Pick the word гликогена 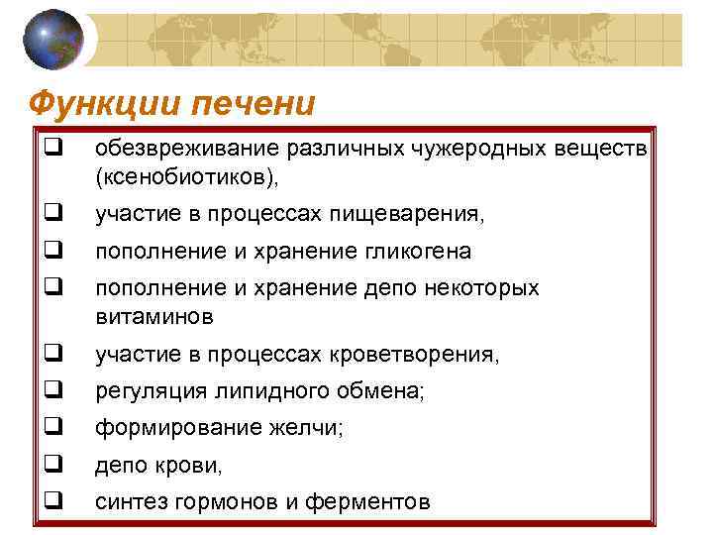click(411, 252)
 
